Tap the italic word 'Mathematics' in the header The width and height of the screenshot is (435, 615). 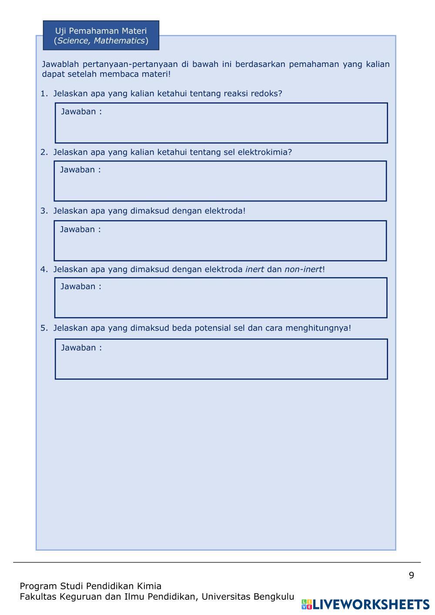tap(119, 41)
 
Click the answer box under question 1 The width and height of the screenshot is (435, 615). tap(221, 126)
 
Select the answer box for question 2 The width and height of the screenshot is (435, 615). tap(220, 184)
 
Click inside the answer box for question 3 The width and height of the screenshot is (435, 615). tap(220, 244)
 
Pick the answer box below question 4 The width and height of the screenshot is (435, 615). tap(221, 301)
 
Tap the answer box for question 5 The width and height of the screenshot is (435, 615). tap(221, 362)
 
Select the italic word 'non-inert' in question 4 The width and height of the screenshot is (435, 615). tap(303, 269)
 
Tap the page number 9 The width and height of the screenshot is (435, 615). tap(411, 575)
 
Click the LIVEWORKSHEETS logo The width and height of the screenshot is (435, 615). tap(366, 604)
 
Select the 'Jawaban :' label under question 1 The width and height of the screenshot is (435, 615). tap(81, 111)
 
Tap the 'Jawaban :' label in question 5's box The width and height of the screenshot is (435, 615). tap(81, 348)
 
